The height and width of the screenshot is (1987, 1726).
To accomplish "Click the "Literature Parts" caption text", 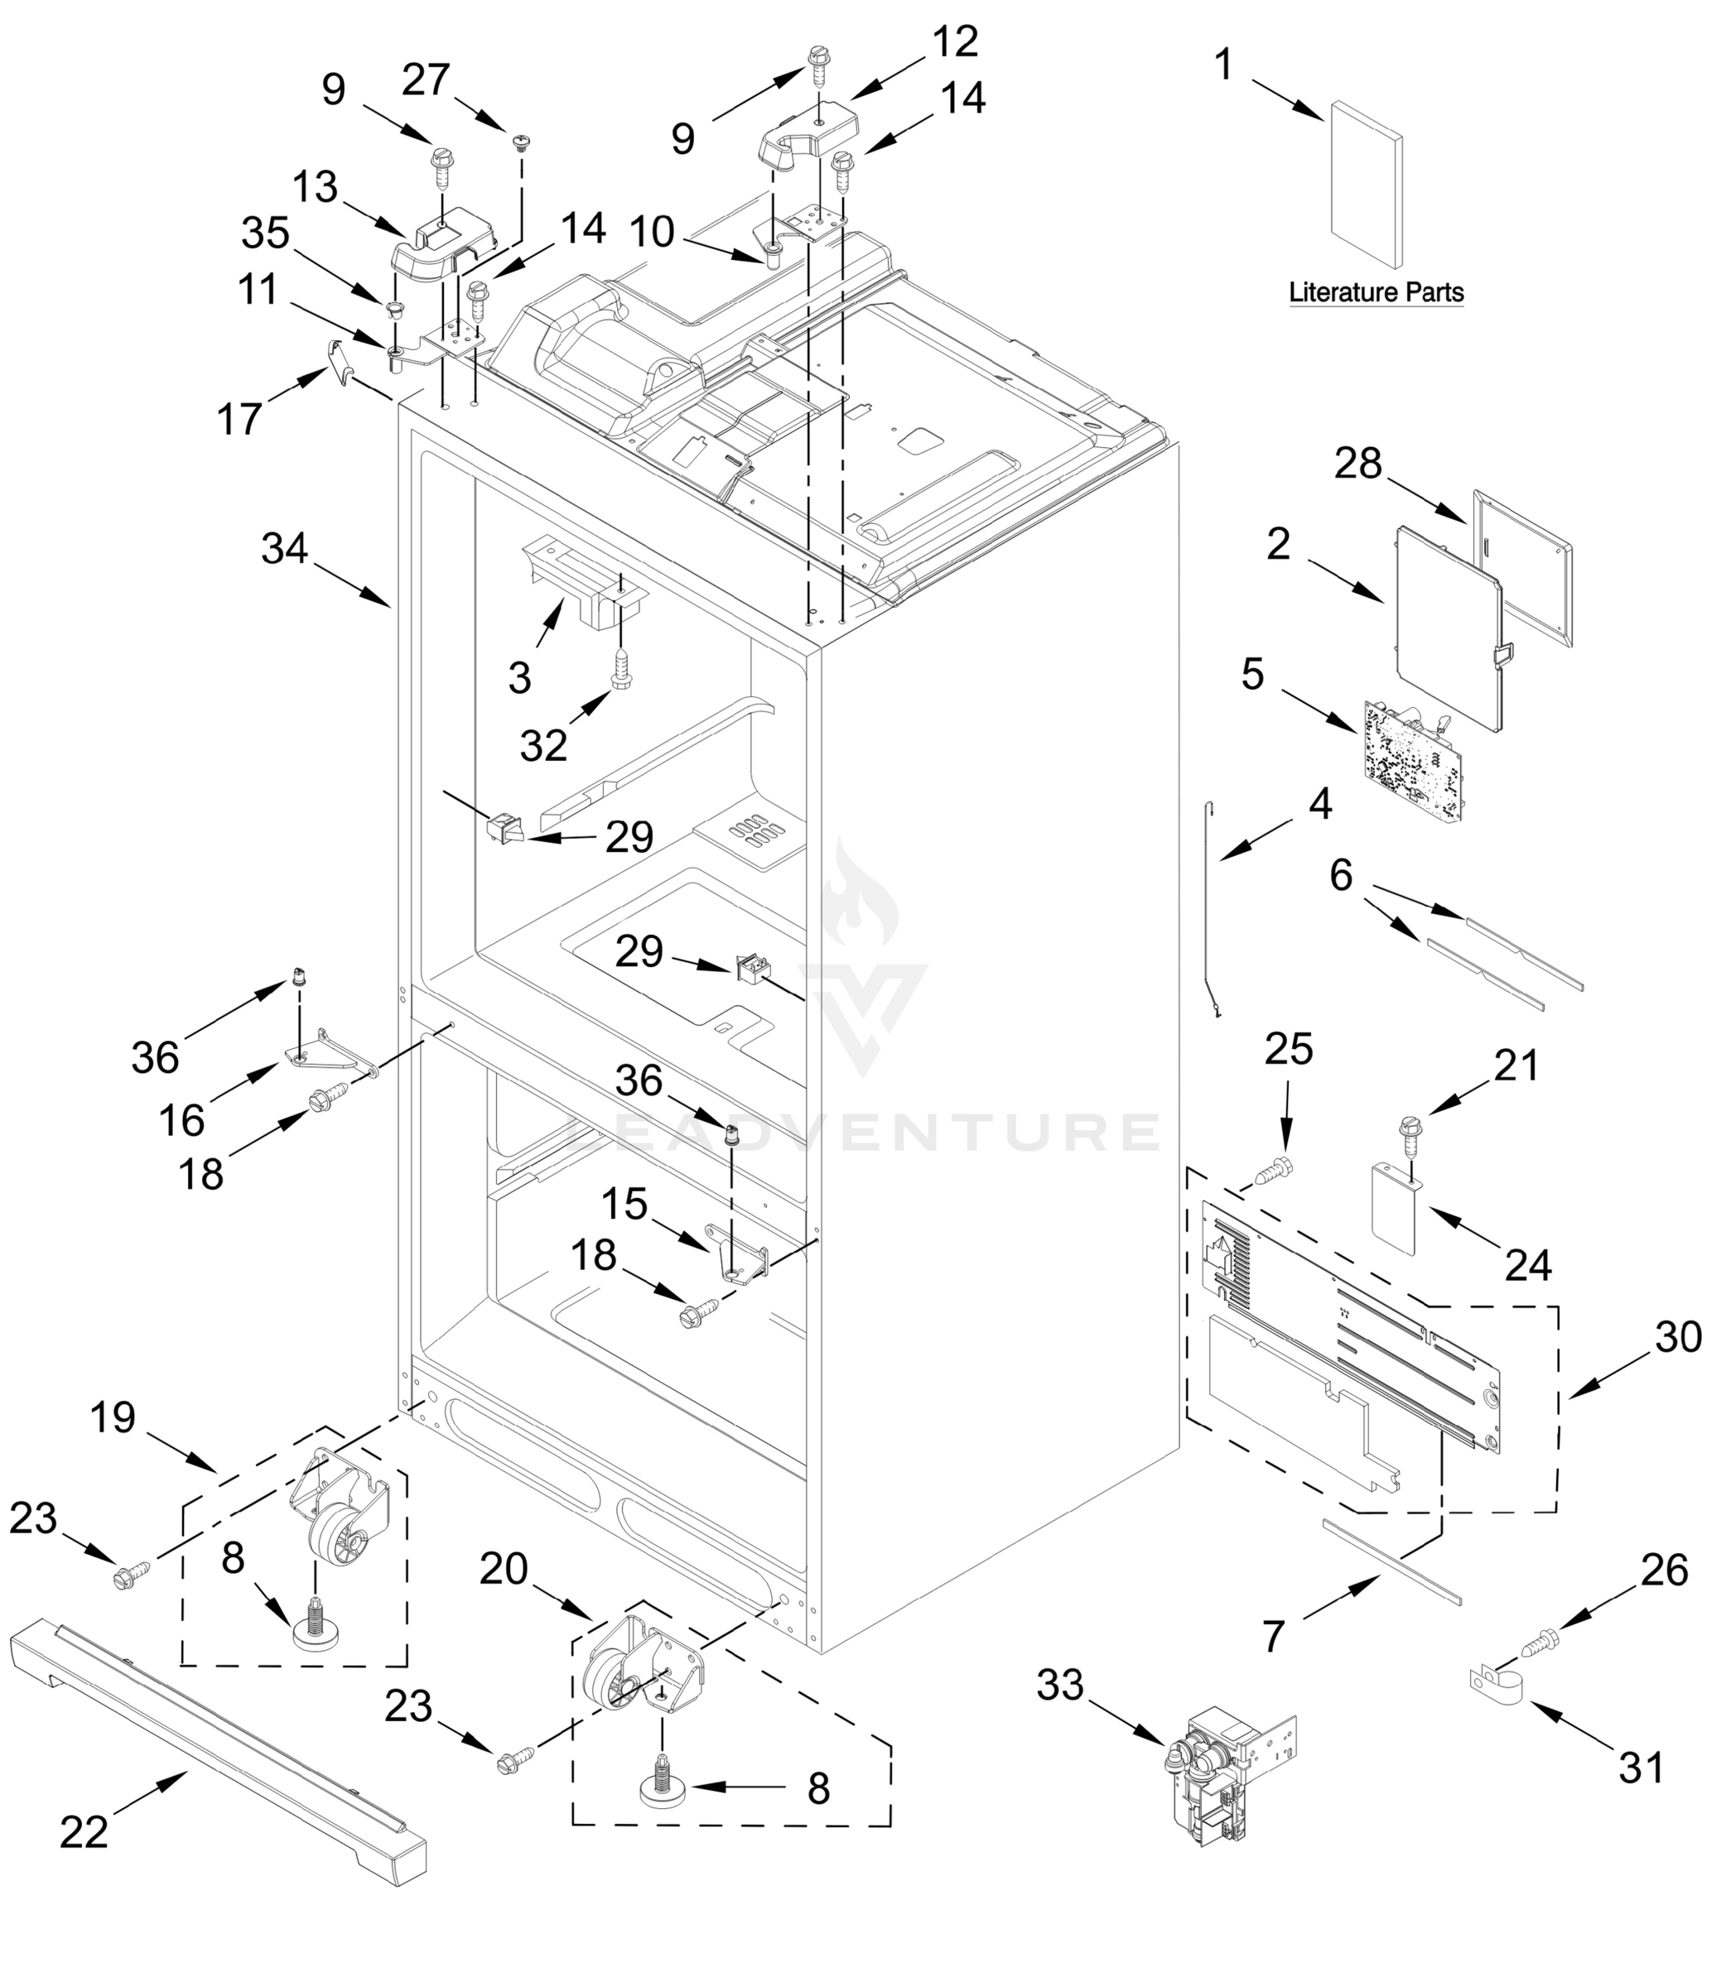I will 1376,292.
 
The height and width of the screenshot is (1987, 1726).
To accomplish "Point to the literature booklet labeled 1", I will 1366,182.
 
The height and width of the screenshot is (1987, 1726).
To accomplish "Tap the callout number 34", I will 284,549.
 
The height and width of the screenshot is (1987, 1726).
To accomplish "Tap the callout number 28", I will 1358,465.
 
